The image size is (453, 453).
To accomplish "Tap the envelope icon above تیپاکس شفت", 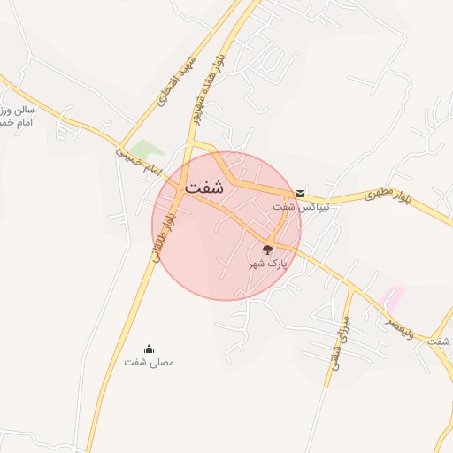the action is coord(302,193).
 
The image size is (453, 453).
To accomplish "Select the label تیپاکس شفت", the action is coord(301,206).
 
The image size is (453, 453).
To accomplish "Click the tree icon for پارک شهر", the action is coord(268,250).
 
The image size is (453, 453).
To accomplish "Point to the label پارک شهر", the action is coord(269,264).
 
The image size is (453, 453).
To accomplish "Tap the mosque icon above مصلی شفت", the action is coord(149,347).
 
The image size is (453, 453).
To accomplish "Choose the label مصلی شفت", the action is coord(150,362).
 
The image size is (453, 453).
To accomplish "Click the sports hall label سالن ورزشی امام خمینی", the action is coord(18,116).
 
